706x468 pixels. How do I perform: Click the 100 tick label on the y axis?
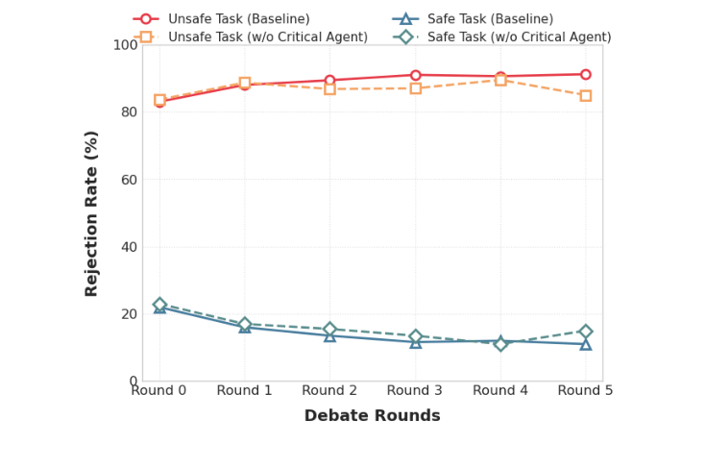coord(125,45)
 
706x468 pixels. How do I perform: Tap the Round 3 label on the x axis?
coord(415,390)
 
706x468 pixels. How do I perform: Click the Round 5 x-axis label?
coord(585,390)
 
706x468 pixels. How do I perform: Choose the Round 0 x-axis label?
coord(159,390)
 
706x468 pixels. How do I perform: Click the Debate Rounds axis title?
coord(372,416)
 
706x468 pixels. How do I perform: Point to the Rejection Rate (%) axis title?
coord(92,213)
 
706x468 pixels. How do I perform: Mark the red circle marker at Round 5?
coord(585,74)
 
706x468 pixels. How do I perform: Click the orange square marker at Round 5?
coord(585,95)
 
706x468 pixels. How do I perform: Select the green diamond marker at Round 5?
coord(585,332)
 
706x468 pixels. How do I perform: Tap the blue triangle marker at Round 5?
coord(585,344)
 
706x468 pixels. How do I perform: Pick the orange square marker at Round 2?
coord(329,89)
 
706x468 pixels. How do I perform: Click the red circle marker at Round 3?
coord(415,75)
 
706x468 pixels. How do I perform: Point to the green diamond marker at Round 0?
coord(159,305)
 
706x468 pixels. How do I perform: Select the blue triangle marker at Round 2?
coord(329,335)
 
